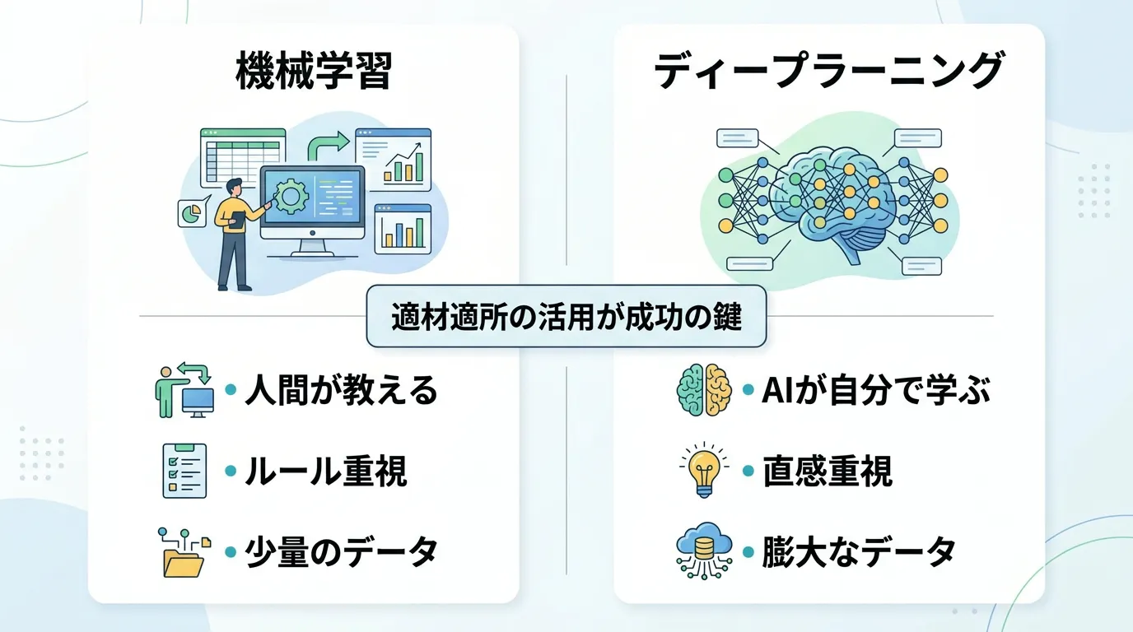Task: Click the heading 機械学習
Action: [313, 71]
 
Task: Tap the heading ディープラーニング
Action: [828, 71]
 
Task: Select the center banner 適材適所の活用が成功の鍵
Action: [566, 317]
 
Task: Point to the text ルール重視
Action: [325, 472]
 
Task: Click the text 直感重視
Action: [828, 472]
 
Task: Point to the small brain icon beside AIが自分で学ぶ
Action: [703, 390]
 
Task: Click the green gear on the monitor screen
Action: [290, 197]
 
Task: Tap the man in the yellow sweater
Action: [232, 230]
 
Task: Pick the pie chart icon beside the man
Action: [190, 213]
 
